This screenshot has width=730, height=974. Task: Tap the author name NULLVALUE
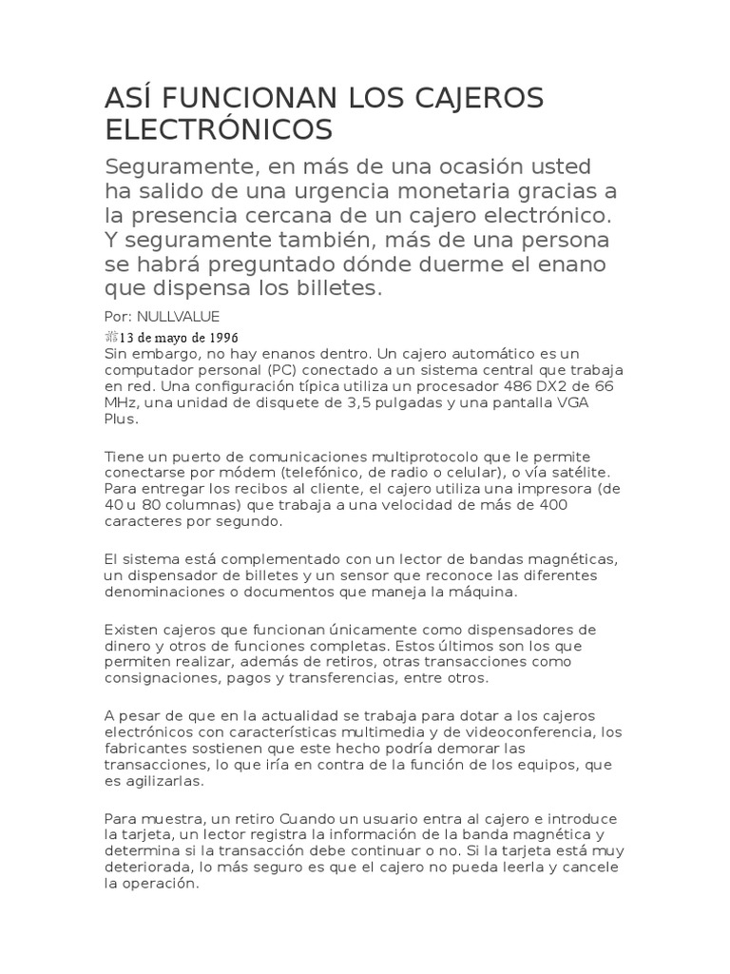pos(179,316)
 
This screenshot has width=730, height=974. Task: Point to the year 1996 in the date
pos(221,338)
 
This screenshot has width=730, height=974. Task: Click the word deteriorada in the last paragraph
pos(148,867)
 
